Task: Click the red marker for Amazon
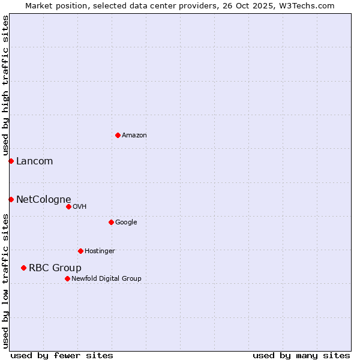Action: (x=118, y=135)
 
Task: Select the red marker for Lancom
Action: (x=11, y=161)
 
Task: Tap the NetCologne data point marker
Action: (x=11, y=199)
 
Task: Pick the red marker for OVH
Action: (x=68, y=206)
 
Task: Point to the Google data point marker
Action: (x=111, y=222)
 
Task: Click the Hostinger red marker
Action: (x=80, y=251)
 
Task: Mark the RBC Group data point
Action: (x=23, y=268)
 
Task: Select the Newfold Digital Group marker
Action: (x=67, y=278)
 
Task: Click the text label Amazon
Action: (x=134, y=136)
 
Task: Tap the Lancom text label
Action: (x=34, y=161)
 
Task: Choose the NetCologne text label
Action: (x=43, y=199)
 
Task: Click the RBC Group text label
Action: (x=55, y=268)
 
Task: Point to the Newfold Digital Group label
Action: (x=106, y=278)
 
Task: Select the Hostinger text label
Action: (x=100, y=251)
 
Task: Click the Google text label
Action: (x=126, y=222)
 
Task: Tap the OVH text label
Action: (x=79, y=206)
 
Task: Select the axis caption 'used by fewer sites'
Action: (x=62, y=355)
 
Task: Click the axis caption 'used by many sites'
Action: (x=301, y=355)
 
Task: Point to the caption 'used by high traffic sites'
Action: (x=5, y=86)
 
